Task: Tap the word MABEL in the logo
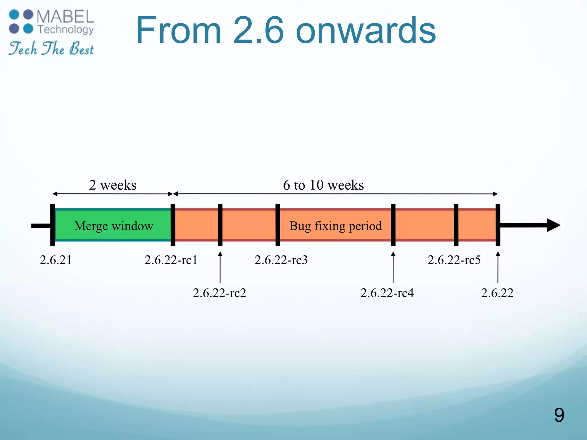(x=65, y=17)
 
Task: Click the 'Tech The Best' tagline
(x=51, y=48)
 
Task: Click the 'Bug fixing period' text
(x=335, y=226)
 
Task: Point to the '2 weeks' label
(x=113, y=185)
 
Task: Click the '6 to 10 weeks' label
(x=323, y=185)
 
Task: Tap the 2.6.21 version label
(x=56, y=260)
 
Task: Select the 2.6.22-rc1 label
(x=171, y=260)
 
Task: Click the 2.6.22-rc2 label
(x=219, y=293)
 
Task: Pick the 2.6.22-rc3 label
(x=281, y=260)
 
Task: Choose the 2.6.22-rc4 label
(x=387, y=293)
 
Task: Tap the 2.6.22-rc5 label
(x=454, y=260)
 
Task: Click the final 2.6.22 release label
(x=497, y=293)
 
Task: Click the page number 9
(x=559, y=415)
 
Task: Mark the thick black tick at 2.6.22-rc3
(x=278, y=225)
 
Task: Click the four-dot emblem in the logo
(x=21, y=21)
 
